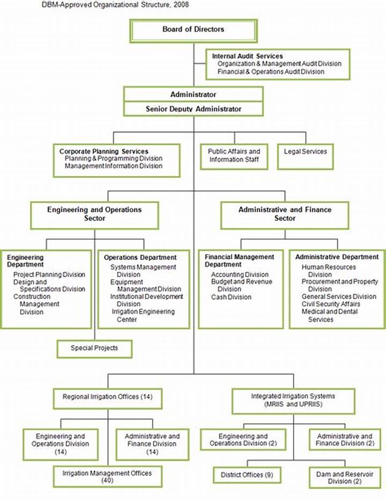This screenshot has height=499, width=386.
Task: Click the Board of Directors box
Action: point(194,31)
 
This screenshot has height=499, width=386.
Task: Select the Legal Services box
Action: point(306,157)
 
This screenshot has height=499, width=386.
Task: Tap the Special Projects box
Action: point(94,349)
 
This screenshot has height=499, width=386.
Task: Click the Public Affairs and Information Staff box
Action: point(234,157)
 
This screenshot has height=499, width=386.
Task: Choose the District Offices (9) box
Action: point(247,475)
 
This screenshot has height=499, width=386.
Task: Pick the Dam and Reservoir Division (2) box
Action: point(345,478)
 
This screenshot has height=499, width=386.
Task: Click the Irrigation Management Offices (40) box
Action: point(108,476)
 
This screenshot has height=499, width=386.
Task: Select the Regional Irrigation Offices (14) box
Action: point(108,398)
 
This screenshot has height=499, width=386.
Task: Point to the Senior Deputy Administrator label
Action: point(194,109)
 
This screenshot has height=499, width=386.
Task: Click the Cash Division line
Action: point(232,297)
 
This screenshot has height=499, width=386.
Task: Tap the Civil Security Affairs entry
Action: point(331,304)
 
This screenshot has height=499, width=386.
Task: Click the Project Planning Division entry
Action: point(49,274)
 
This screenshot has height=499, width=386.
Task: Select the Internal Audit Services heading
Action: point(248,56)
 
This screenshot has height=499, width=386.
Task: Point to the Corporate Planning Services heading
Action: point(104,151)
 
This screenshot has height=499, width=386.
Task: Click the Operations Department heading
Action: point(140,257)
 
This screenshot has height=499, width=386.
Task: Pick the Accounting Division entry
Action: point(240,274)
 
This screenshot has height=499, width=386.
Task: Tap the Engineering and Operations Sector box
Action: point(94,215)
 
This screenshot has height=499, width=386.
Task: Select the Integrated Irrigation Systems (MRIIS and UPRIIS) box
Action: point(293,401)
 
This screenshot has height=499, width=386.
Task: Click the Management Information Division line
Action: point(114,166)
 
